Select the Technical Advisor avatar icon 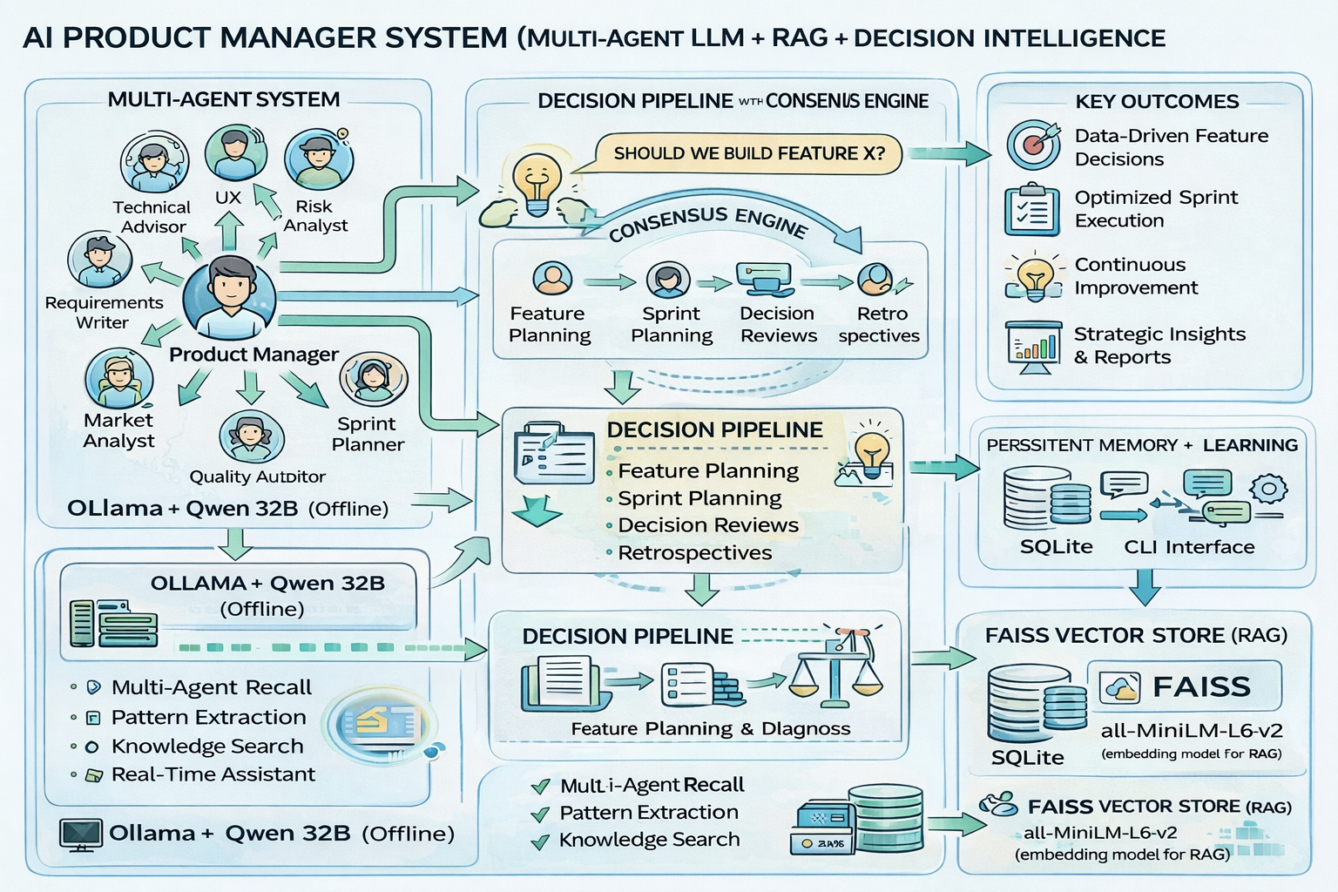[x=154, y=163]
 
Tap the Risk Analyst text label [x=314, y=216]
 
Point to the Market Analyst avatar [x=119, y=379]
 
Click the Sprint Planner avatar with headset [x=374, y=378]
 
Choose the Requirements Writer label [x=104, y=312]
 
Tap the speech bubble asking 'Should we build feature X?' [x=748, y=154]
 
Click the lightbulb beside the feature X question [x=536, y=184]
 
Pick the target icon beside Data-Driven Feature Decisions [x=1033, y=145]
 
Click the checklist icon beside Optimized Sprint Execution [x=1031, y=210]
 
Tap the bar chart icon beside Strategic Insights [x=1033, y=347]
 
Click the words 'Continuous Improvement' [x=1135, y=276]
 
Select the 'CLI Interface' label [x=1189, y=547]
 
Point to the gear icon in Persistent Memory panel [x=1268, y=488]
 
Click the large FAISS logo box [x=1185, y=686]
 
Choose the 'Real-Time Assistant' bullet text [x=213, y=774]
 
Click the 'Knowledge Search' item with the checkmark [x=649, y=840]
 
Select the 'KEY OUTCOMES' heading [x=1156, y=101]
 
